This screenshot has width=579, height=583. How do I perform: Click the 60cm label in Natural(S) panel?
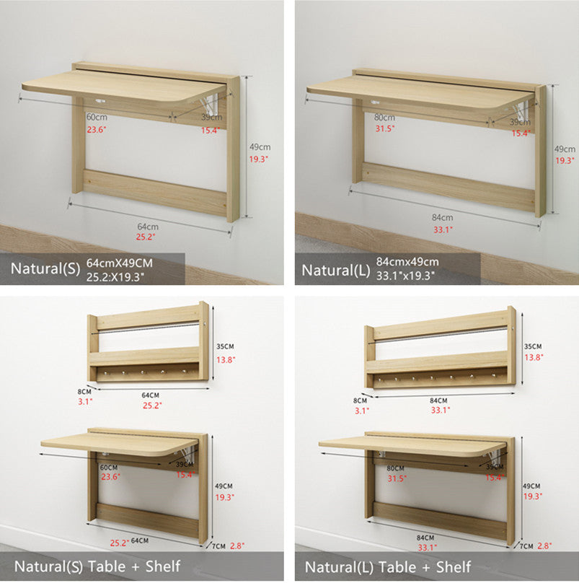pos(97,117)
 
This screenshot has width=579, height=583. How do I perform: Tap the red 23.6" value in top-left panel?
pos(97,130)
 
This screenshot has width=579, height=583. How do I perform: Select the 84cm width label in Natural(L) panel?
pos(442,217)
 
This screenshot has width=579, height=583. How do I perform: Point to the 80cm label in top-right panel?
pos(384,117)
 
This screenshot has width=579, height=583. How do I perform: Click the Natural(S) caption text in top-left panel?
pos(45,268)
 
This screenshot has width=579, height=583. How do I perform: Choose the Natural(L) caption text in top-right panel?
pos(336,271)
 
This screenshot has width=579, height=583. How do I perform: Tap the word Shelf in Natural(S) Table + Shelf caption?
pos(163,566)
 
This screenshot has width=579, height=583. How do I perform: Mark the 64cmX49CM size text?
pos(120,263)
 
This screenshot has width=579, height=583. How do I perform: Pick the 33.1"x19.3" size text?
pos(405,276)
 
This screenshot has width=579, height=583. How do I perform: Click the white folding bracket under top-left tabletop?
pos(210,104)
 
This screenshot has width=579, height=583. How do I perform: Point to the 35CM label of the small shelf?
pos(225,346)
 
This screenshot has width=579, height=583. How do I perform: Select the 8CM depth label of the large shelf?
pos(360,400)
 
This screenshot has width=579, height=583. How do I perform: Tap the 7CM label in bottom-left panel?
pos(218,546)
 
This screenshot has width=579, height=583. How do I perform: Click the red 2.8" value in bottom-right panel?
pos(544,545)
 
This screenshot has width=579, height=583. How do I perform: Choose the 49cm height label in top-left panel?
pos(260,147)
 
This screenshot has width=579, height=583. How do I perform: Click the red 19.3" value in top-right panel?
pos(565,161)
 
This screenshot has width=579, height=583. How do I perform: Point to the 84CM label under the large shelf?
pos(438,400)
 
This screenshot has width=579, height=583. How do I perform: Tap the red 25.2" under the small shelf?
pos(152,406)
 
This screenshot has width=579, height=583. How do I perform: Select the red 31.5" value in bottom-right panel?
pos(397,478)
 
